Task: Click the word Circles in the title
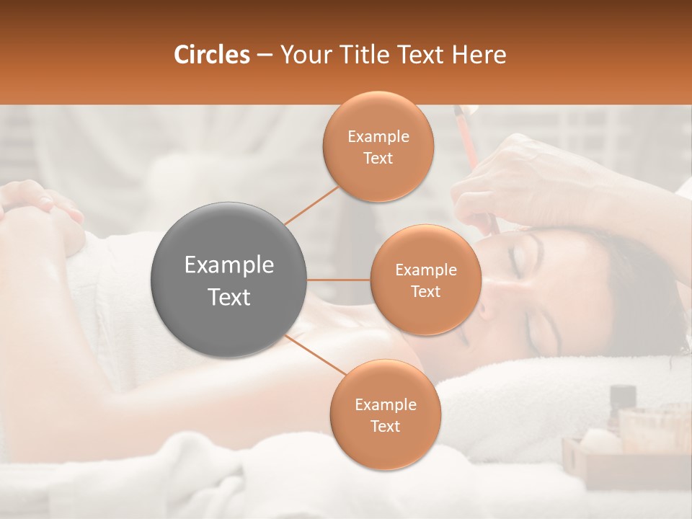(x=211, y=55)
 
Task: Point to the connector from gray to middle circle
(x=339, y=280)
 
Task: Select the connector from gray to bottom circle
(x=317, y=355)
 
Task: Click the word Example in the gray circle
(x=229, y=265)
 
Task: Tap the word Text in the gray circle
(x=229, y=297)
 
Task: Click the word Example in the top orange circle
(x=378, y=137)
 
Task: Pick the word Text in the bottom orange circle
(x=385, y=426)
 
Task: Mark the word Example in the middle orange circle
(x=426, y=270)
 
